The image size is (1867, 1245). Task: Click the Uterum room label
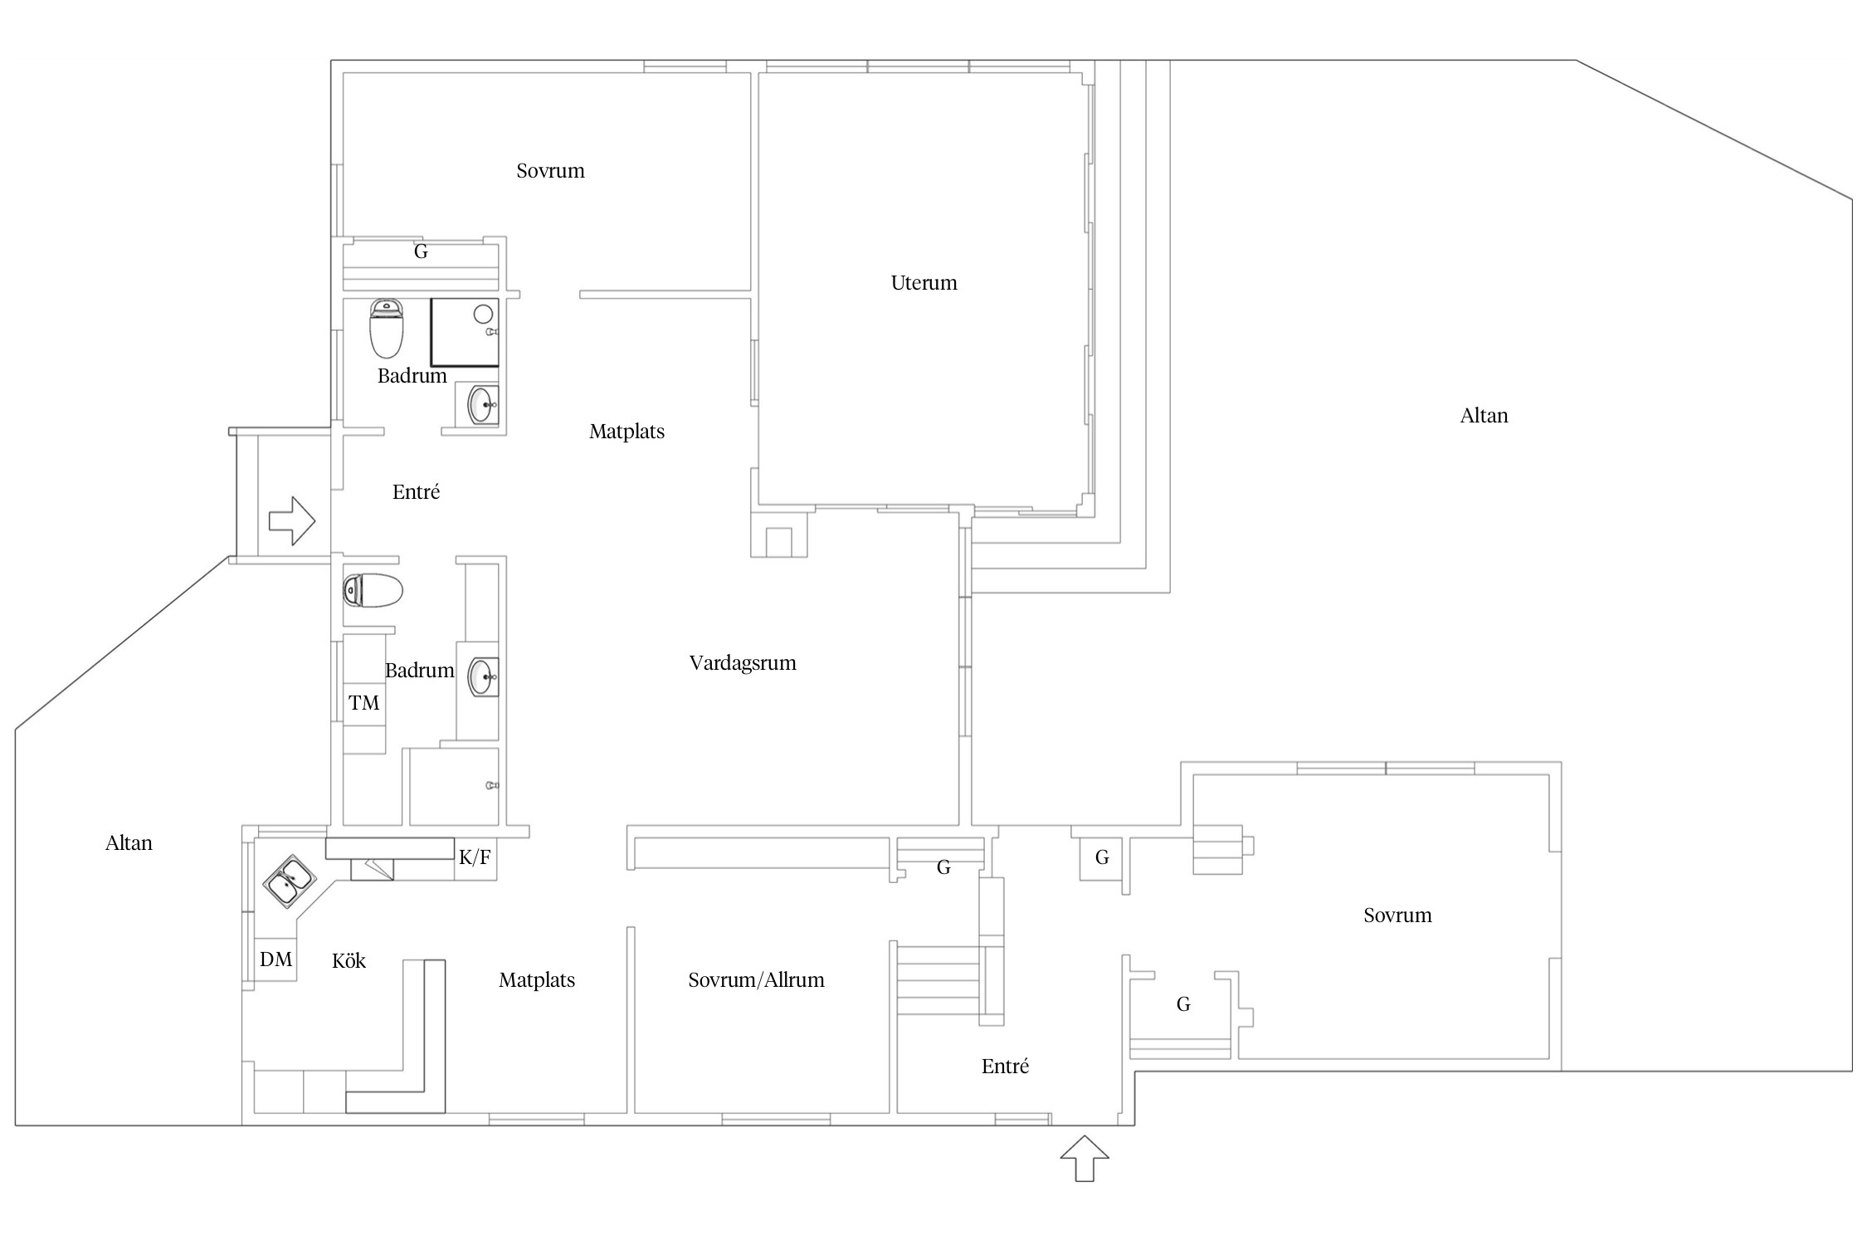[x=924, y=283]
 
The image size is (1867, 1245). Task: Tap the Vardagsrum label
[x=743, y=663]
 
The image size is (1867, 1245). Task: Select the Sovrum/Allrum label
[x=756, y=980]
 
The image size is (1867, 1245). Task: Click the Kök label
[x=349, y=960]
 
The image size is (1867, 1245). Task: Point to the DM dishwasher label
[x=275, y=959]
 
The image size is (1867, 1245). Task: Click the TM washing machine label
[x=363, y=703]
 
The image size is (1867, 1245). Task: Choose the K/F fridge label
[x=475, y=857]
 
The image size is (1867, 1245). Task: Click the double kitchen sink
[x=289, y=881]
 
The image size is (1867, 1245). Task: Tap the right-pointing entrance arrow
[x=292, y=521]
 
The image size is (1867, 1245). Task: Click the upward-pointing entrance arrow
[x=1085, y=1158]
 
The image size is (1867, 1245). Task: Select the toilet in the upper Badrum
[x=386, y=328]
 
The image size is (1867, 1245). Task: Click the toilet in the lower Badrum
[x=373, y=591]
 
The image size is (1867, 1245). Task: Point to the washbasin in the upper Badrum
[x=483, y=405]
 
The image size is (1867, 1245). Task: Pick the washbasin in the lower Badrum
[x=483, y=676]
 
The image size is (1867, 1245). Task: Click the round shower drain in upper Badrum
[x=483, y=315]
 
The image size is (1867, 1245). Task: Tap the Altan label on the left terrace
[x=129, y=843]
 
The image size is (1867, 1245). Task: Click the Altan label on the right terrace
[x=1484, y=416]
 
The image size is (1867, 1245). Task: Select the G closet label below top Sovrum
[x=421, y=251]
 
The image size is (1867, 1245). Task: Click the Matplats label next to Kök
[x=537, y=980]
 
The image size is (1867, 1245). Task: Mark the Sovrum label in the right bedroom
[x=1397, y=915]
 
